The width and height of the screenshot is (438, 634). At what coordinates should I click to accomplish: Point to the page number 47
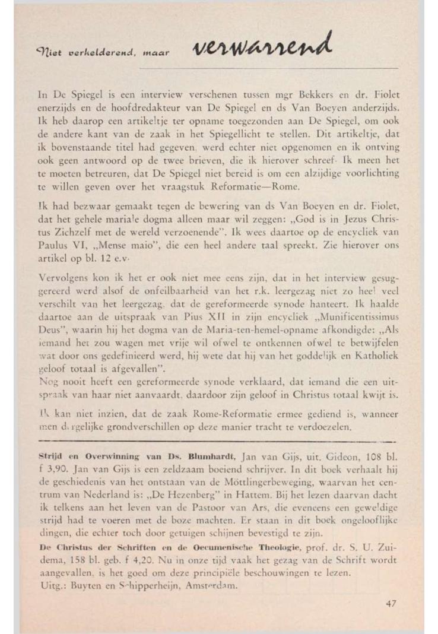pos(392,603)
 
